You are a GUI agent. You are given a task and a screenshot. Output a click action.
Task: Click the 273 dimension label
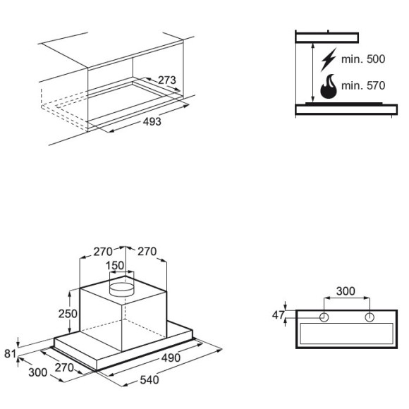click(x=167, y=80)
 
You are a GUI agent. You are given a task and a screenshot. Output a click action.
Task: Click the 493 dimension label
click(x=152, y=121)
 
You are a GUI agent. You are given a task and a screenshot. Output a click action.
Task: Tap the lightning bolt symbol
click(x=329, y=60)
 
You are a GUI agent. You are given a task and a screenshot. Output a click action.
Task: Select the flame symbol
click(x=329, y=86)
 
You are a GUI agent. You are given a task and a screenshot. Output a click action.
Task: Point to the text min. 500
click(x=363, y=59)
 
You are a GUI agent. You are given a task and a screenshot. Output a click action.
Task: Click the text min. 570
click(x=363, y=85)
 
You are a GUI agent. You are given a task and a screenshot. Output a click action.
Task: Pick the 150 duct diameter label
click(x=115, y=266)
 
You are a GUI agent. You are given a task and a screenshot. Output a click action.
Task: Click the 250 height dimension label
click(x=68, y=314)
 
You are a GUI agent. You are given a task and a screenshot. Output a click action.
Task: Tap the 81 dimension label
click(x=11, y=354)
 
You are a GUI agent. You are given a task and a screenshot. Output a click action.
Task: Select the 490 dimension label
click(x=171, y=358)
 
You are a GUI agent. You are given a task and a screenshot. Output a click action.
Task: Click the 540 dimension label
click(x=149, y=380)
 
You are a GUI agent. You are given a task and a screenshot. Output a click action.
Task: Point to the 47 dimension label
click(x=278, y=315)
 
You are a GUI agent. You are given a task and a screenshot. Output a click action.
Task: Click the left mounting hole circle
click(x=324, y=317)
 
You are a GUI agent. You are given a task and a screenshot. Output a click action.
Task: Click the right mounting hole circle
click(x=370, y=317)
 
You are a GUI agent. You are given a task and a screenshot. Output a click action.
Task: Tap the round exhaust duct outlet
click(x=121, y=289)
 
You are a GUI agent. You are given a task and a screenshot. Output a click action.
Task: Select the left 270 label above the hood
click(x=103, y=252)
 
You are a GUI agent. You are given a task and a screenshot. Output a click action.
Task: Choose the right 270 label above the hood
click(x=147, y=252)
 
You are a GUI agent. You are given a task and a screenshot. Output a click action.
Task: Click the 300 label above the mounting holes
click(x=346, y=291)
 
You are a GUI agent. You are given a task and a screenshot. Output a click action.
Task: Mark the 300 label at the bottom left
click(x=38, y=372)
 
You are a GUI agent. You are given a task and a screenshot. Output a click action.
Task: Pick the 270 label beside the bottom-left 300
click(x=64, y=367)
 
